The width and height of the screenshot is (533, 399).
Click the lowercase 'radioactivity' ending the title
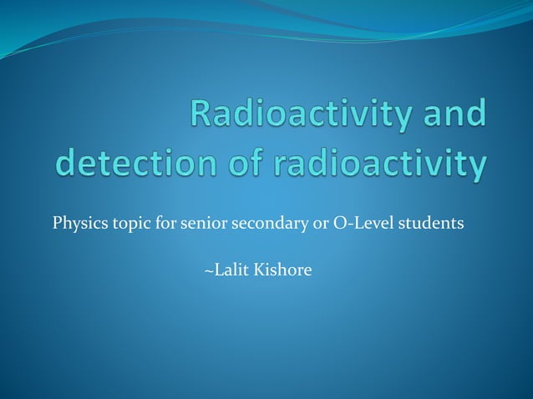tap(373, 164)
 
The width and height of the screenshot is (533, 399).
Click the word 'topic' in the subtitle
tap(124, 225)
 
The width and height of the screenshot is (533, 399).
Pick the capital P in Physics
tap(56, 225)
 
